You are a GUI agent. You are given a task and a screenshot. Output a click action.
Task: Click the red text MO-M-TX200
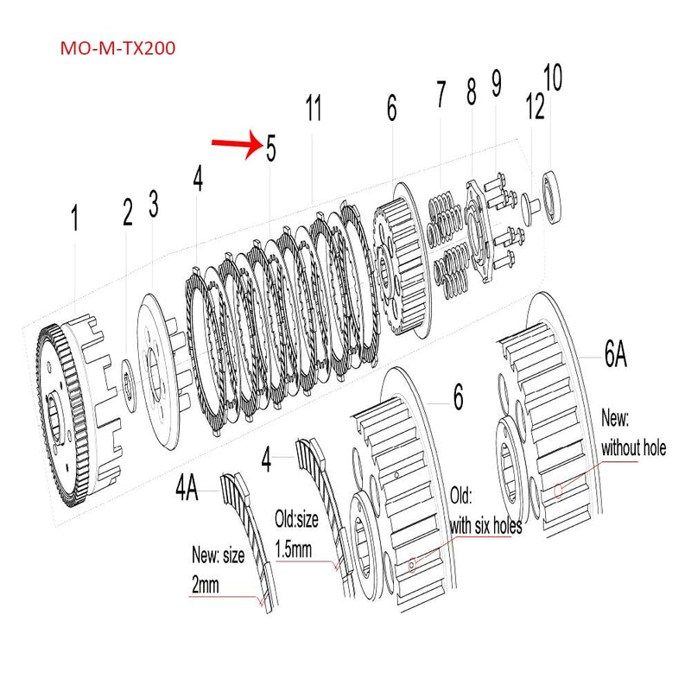[117, 48]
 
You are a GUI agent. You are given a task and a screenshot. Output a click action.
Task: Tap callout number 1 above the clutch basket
[74, 219]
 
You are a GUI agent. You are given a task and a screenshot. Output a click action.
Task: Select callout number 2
[128, 212]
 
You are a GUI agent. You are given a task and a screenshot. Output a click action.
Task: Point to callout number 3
[154, 205]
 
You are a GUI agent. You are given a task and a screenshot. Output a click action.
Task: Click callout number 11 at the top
[314, 110]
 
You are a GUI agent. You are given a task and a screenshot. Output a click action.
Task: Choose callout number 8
[471, 92]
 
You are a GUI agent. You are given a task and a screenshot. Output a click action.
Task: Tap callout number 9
[496, 84]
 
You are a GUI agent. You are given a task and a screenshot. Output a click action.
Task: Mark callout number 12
[535, 108]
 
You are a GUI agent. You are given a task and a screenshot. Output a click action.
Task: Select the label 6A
[615, 355]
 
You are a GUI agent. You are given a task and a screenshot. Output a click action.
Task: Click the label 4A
[187, 490]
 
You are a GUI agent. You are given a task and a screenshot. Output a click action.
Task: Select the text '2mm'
[206, 585]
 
